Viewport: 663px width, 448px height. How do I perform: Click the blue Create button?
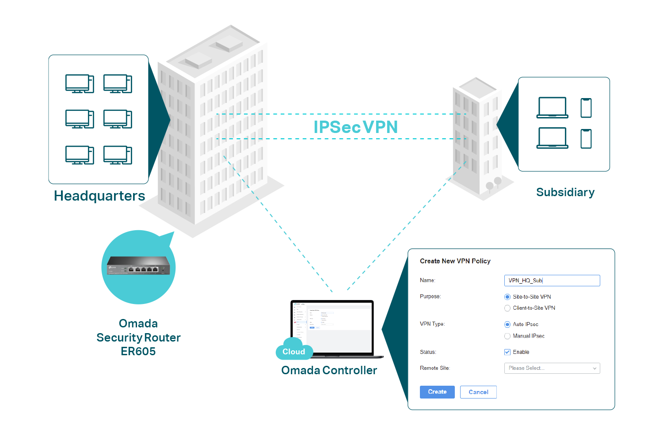(x=437, y=392)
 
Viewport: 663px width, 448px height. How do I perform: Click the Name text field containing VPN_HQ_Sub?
(x=552, y=281)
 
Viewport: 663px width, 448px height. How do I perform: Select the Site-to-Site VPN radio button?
(x=507, y=297)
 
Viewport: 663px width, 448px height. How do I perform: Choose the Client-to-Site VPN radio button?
(x=507, y=308)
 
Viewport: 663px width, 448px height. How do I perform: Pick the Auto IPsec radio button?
(x=507, y=324)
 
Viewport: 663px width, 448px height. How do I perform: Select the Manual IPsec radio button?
(x=507, y=336)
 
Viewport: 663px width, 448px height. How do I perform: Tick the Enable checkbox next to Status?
(x=507, y=352)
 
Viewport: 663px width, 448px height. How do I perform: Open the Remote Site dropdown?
(x=552, y=368)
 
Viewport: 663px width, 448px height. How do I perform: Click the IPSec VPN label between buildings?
(x=355, y=127)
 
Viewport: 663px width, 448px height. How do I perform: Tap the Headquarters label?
(x=99, y=196)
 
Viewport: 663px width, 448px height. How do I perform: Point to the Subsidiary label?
(x=565, y=192)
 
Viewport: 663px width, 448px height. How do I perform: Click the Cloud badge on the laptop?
(x=294, y=352)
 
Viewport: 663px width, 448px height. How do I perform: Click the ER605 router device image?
(x=138, y=266)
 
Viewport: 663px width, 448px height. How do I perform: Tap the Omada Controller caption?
(x=329, y=370)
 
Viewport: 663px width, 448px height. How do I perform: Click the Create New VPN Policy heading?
(x=455, y=261)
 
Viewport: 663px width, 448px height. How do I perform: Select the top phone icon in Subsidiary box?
(x=586, y=108)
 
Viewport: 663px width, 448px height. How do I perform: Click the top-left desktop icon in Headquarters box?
(x=80, y=84)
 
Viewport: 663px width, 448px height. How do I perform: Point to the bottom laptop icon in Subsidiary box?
(x=552, y=138)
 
